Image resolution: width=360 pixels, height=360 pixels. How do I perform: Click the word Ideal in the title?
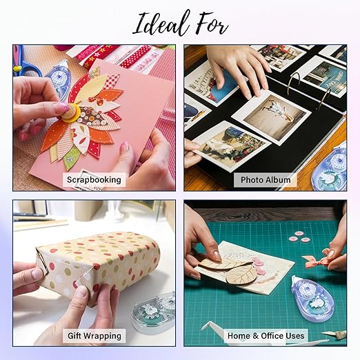161,23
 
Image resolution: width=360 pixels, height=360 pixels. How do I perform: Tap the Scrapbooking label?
94,179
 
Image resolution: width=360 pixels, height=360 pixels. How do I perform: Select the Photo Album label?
266,180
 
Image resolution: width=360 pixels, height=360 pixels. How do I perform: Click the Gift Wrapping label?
94,336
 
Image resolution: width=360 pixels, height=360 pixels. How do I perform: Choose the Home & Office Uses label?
266,336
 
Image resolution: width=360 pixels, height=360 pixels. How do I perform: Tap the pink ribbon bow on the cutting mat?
318,261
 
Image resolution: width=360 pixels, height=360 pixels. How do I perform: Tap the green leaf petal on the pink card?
71,157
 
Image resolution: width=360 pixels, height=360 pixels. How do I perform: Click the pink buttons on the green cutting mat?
299,237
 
